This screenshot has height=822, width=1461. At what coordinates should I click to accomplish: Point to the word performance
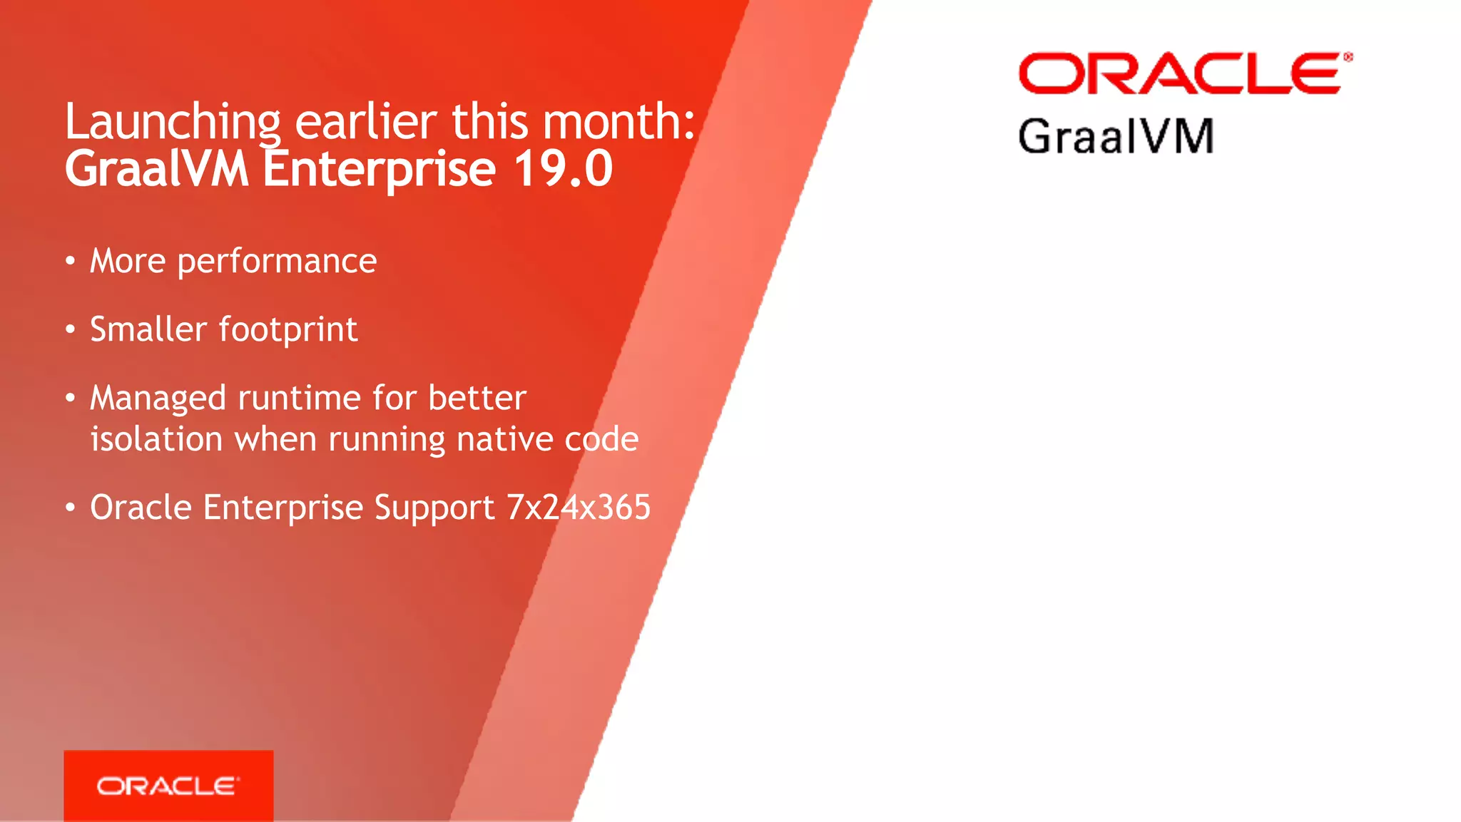277,262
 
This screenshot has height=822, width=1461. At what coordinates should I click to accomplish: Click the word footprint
288,330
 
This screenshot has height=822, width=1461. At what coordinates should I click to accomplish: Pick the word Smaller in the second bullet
148,329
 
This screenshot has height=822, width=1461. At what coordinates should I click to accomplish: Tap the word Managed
158,399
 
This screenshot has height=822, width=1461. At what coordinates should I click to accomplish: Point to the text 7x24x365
579,508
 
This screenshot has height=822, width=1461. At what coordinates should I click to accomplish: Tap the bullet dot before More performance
70,261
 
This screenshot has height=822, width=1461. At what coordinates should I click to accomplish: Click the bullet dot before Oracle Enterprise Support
70,508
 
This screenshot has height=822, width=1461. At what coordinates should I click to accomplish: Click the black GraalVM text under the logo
1116,136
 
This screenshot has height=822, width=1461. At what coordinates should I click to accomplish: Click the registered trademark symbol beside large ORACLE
1348,57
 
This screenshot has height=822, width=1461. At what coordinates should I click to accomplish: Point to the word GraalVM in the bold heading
156,170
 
